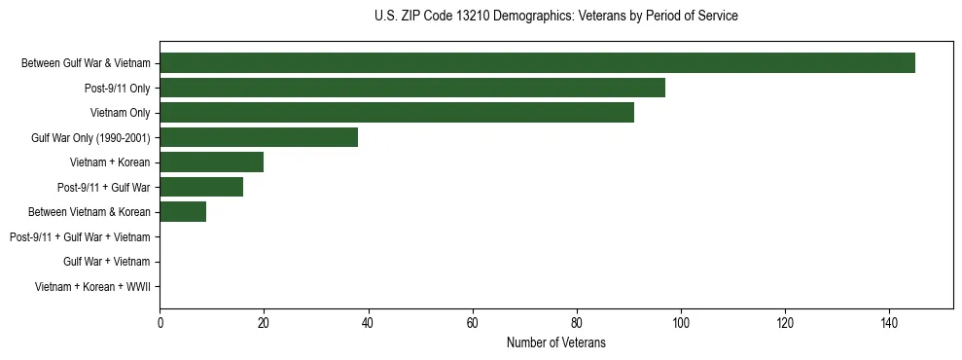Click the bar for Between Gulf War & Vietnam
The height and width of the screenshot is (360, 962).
tap(537, 63)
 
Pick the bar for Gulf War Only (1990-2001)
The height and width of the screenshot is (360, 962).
tap(259, 137)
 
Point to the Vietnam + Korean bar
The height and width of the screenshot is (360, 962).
tap(211, 162)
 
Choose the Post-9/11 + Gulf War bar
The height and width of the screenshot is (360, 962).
tap(201, 187)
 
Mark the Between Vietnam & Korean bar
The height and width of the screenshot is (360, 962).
tap(183, 212)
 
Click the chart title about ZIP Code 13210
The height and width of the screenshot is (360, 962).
tap(555, 17)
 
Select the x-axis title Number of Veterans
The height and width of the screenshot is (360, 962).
tap(555, 342)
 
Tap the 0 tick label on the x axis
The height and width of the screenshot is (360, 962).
tap(160, 323)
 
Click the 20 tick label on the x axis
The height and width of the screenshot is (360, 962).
tap(264, 323)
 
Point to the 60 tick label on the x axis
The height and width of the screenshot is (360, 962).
tap(473, 323)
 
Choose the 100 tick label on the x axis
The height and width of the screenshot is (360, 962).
tap(681, 323)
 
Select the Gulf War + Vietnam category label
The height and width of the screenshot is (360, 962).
tap(107, 262)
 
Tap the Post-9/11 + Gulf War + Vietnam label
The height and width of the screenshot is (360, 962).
tap(80, 237)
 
